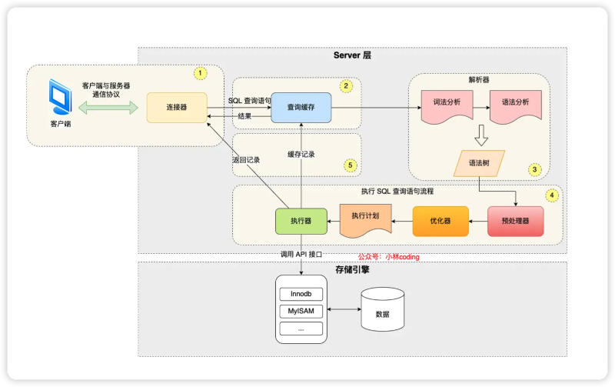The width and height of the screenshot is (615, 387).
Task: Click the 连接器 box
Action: [x=177, y=107]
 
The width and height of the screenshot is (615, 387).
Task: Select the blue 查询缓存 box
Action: [x=301, y=108]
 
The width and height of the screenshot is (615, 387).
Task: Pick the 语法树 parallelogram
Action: [x=480, y=164]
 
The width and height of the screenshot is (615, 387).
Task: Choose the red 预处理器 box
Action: [x=515, y=221]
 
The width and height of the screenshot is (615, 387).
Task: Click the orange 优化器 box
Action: [x=440, y=221]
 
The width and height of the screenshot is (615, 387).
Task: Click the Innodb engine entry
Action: [x=301, y=294]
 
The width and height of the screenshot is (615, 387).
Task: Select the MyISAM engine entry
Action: [x=301, y=312]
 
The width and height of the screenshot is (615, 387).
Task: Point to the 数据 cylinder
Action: [x=382, y=312]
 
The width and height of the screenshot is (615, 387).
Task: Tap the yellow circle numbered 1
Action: [x=200, y=73]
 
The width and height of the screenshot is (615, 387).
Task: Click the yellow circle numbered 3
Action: [x=535, y=169]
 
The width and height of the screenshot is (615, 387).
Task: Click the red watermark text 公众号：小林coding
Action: [x=389, y=257]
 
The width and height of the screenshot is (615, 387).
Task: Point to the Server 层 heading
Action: [x=352, y=55]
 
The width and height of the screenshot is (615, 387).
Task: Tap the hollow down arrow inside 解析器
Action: [x=480, y=136]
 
